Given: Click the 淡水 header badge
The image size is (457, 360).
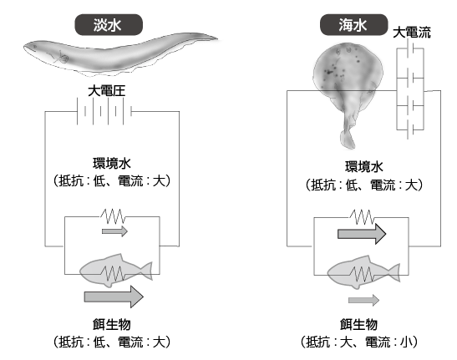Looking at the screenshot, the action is coord(109,25).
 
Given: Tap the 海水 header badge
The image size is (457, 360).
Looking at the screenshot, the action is coord(354,25).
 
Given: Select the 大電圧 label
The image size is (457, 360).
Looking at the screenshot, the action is coord(107,91).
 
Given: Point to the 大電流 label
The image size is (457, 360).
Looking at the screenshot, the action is coord(412,32).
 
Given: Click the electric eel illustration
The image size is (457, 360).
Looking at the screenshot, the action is coord(119,55).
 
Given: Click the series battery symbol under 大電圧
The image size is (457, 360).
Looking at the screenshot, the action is coord(104,111).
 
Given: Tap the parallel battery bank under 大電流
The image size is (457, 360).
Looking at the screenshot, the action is coord(410,89).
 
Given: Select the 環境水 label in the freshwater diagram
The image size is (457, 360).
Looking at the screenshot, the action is coord(112,164).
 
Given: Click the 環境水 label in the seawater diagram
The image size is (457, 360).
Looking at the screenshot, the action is coord(364,167).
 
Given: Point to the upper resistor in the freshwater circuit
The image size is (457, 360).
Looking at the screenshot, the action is coord(113,216).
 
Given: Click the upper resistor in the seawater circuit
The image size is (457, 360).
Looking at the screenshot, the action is coord(362,217).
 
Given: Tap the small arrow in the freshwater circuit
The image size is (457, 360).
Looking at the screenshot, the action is coord(114,231).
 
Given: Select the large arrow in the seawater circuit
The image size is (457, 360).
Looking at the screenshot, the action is coord(362,234).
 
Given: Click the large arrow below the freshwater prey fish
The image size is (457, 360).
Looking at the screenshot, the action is coord(114,297).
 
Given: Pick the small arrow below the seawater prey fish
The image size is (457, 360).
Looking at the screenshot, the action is coord(363,300).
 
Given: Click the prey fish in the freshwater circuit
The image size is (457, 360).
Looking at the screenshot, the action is coord(116,271).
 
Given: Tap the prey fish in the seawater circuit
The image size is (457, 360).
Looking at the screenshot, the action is coord(363,272).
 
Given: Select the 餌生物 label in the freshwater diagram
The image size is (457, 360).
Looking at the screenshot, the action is coord(112,324).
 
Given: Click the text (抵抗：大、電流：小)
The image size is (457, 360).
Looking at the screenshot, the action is coord(359,342).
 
